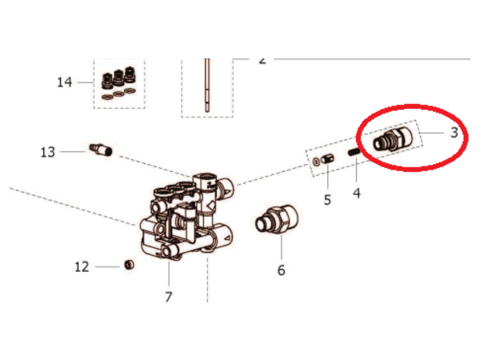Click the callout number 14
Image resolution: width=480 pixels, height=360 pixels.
coord(65,82)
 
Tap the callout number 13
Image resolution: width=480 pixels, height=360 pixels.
coord(48,152)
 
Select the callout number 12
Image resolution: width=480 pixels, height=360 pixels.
coord(82,267)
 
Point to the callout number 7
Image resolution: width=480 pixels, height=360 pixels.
coord(169,297)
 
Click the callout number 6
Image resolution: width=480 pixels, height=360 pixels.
coord(282,270)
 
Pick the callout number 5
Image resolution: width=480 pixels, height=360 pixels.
coord(327,200)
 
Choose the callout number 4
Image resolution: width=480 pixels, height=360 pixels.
coord(357,193)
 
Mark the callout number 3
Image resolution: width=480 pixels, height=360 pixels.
coord(454,133)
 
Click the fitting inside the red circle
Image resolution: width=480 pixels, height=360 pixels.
coord(393,139)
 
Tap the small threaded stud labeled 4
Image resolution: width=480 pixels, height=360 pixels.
coord(354,151)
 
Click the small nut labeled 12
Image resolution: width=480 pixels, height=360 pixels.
coord(129,265)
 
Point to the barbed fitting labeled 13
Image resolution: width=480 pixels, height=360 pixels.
coord(101,149)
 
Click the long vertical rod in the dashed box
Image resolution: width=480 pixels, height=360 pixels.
coord(207,85)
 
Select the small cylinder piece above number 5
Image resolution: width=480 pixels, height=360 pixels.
coord(327,159)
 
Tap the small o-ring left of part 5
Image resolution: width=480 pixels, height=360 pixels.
coord(316,162)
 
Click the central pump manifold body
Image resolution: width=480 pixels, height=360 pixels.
coord(187,217)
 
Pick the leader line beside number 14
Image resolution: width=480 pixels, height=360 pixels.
coord(85,82)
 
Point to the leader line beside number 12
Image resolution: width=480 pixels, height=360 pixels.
coord(107,267)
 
